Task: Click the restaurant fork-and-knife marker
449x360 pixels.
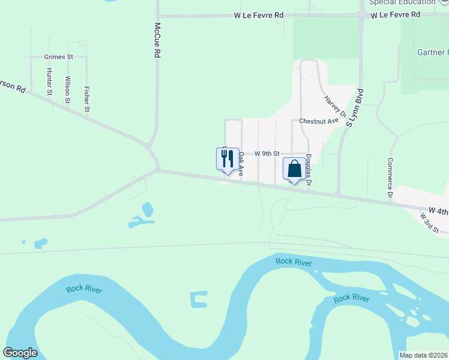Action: (228, 159)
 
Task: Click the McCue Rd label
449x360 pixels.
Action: (157, 40)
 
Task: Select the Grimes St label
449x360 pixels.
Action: (58, 57)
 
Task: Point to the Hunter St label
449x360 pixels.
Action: (49, 81)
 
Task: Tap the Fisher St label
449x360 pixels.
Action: (87, 100)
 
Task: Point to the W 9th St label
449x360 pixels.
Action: (267, 154)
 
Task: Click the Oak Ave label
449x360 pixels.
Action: (241, 163)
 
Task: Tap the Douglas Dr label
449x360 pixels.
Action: (308, 168)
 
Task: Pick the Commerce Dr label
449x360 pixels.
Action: (390, 178)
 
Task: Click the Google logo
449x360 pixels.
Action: (20, 353)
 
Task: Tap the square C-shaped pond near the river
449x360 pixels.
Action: (198, 300)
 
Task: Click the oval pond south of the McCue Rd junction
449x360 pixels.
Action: (147, 209)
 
